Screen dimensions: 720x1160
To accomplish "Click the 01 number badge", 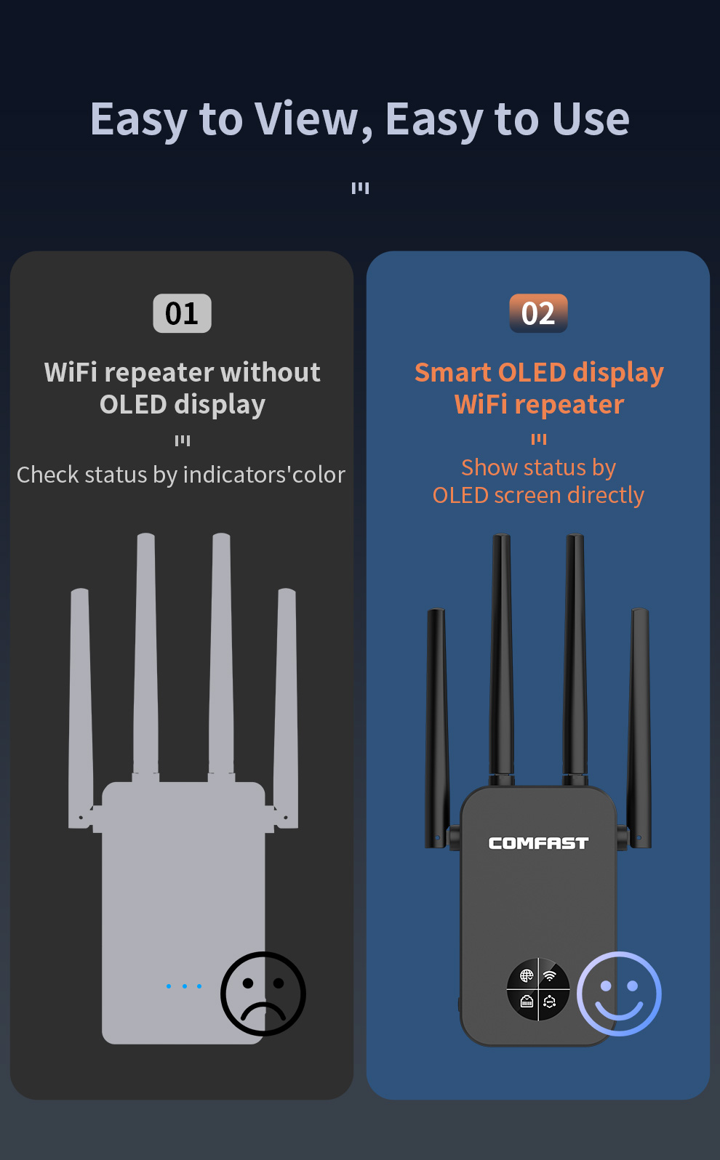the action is [x=182, y=313].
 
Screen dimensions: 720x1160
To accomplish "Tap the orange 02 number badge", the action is [x=539, y=313].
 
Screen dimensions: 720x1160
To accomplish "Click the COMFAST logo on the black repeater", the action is [x=538, y=844].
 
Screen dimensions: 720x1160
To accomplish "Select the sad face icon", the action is [x=263, y=994].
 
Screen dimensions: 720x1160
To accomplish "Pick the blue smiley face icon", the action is [x=619, y=994].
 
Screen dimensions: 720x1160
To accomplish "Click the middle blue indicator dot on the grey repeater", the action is [x=184, y=986].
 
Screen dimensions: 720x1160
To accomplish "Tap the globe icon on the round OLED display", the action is [x=527, y=975].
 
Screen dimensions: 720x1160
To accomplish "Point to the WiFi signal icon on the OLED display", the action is [x=550, y=975].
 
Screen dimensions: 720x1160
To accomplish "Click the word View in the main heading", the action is [x=308, y=120].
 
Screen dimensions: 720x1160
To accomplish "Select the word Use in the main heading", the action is [x=591, y=120].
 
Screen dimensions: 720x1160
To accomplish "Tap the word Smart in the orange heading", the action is [x=454, y=372].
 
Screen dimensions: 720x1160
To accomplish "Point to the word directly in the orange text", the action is [x=606, y=496].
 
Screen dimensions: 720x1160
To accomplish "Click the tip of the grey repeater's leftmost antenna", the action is [x=79, y=589].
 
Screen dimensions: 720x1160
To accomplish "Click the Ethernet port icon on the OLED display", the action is [x=527, y=1001].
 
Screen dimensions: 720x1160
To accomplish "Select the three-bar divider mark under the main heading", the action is [x=360, y=188].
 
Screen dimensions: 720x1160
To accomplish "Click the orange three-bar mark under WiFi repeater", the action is [x=539, y=440].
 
